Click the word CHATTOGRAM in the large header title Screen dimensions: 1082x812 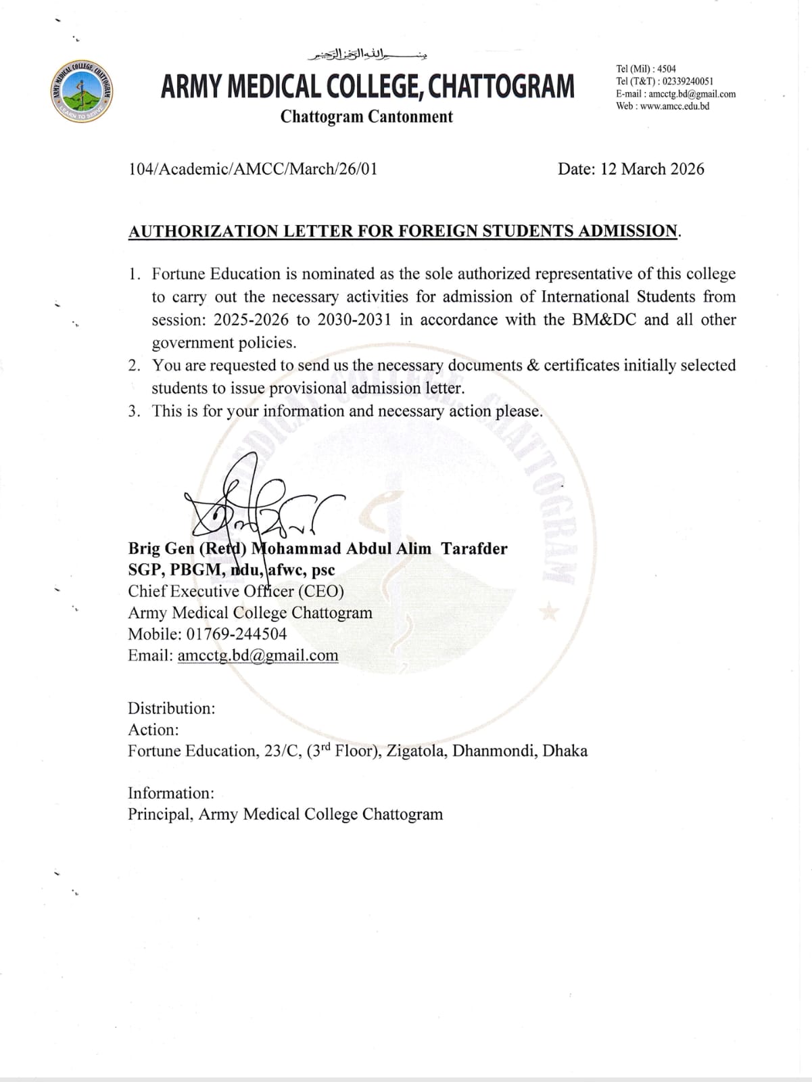[502, 87]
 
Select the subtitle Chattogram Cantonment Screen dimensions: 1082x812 [366, 117]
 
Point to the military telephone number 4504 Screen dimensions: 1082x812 [667, 69]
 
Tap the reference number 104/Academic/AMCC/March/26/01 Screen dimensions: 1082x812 [253, 169]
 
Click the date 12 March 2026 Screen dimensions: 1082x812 [652, 169]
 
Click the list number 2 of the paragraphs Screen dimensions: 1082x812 [135, 366]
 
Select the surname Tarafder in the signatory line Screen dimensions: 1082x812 [474, 549]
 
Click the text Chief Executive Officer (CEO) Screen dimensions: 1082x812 [236, 592]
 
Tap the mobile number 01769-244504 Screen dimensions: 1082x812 [236, 634]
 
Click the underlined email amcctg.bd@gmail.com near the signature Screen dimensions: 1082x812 [258, 656]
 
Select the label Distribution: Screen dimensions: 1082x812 [172, 709]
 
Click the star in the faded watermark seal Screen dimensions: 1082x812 [549, 614]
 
